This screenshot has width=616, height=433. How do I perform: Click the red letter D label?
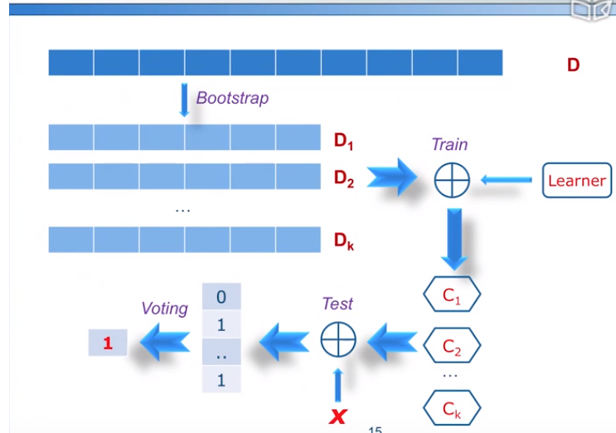[x=573, y=64]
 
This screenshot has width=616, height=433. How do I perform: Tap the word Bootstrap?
[x=232, y=98]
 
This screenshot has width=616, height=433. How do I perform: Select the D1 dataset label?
[x=344, y=142]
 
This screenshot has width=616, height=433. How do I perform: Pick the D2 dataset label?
[x=344, y=178]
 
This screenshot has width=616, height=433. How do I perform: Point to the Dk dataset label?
[x=344, y=241]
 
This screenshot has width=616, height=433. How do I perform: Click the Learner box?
[x=576, y=180]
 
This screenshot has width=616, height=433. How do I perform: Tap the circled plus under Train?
[x=452, y=179]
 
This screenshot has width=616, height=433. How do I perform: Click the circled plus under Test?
[x=338, y=338]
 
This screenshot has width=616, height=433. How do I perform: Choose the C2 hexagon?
[x=452, y=347]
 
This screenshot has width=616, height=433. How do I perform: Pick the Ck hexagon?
[x=452, y=408]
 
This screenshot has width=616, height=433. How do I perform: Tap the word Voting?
[x=164, y=309]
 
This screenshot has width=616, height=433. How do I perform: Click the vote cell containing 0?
[x=221, y=296]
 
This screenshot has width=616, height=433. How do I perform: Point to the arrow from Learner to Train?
[x=506, y=179]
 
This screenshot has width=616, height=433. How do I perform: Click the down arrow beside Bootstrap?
[x=184, y=100]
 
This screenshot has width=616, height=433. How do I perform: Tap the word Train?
[x=449, y=144]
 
